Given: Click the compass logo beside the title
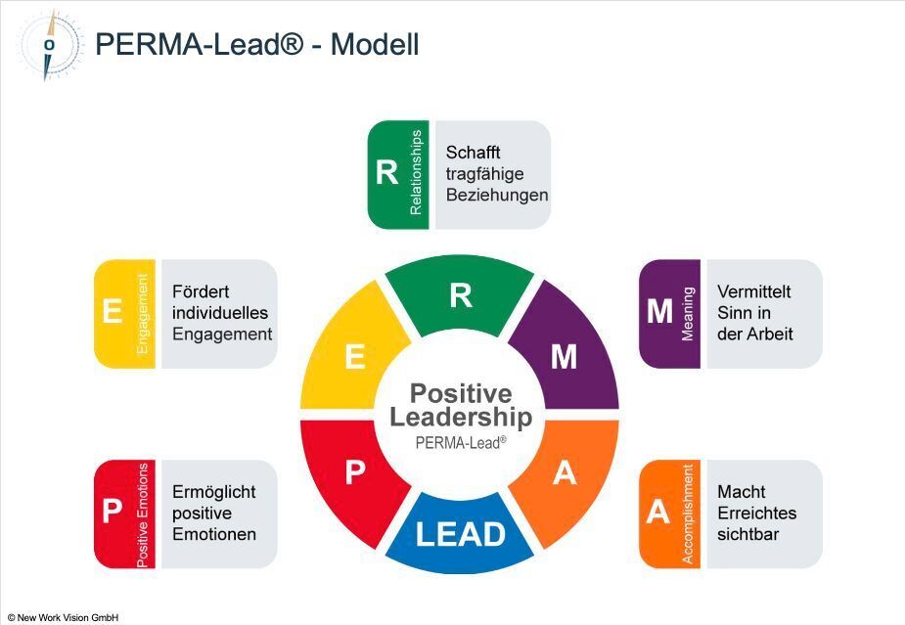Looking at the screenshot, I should pyautogui.click(x=50, y=44).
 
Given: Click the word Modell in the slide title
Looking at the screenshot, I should pyautogui.click(x=375, y=44).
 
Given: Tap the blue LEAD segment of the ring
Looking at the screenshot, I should pyautogui.click(x=460, y=534).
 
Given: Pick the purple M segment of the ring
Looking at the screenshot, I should pyautogui.click(x=564, y=356).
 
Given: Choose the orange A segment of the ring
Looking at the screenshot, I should pyautogui.click(x=564, y=473).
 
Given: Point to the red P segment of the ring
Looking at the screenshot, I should pyautogui.click(x=355, y=473).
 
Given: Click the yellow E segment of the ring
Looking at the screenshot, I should pyautogui.click(x=355, y=356).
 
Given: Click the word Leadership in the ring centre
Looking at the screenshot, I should pyautogui.click(x=460, y=418).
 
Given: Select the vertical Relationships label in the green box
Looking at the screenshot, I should pyautogui.click(x=417, y=173).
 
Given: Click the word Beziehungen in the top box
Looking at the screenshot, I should pyautogui.click(x=496, y=195).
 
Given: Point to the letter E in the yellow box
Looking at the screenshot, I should pyautogui.click(x=113, y=312).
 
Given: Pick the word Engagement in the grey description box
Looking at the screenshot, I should pyautogui.click(x=222, y=334).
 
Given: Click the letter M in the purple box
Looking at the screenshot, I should pyautogui.click(x=659, y=312).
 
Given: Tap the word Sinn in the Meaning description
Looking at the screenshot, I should pyautogui.click(x=736, y=313).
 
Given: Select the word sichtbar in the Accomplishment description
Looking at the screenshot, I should pyautogui.click(x=747, y=534).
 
